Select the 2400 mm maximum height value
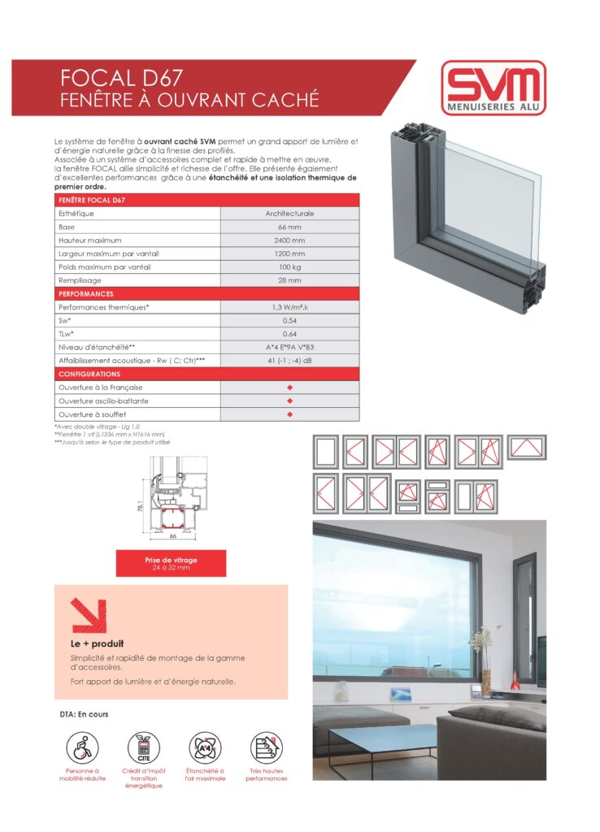coord(289,240)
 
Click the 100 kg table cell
coord(289,266)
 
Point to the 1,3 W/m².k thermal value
coord(289,307)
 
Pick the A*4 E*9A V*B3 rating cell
coord(289,347)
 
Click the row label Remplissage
coord(79,280)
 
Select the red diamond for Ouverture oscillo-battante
coord(289,401)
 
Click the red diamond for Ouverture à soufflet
coord(289,414)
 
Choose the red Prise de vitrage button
coord(171,563)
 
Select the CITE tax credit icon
coord(143,746)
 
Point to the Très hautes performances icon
coord(266,746)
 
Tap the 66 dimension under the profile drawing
coord(173,537)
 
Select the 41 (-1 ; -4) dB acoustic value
coord(289,360)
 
